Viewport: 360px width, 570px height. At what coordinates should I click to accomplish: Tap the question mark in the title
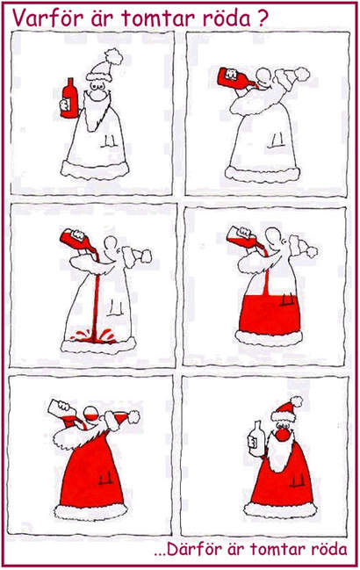point(262,18)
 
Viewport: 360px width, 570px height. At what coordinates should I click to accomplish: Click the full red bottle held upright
point(69,98)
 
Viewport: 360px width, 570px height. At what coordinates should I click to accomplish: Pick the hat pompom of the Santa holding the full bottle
point(113,56)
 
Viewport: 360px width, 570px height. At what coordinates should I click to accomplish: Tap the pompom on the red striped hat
point(297,401)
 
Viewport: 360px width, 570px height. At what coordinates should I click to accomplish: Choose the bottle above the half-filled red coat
point(243,236)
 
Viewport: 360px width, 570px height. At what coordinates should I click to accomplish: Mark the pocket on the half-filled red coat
point(287,299)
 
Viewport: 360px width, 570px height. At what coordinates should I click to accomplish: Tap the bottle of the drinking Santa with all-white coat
point(236,78)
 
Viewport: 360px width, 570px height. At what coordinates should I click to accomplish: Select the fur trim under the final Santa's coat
point(280,509)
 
